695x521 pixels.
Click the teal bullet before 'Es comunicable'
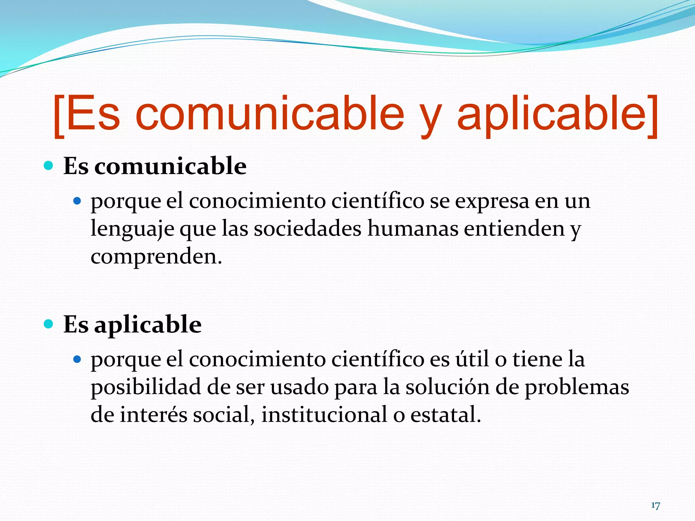pyautogui.click(x=49, y=166)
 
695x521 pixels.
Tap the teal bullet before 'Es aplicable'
pyautogui.click(x=49, y=324)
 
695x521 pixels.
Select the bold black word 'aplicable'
pyautogui.click(x=148, y=325)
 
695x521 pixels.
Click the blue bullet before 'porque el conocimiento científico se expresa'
pyautogui.click(x=77, y=201)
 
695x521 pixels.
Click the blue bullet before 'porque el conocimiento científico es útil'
pyautogui.click(x=77, y=359)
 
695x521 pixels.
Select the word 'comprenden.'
pyautogui.click(x=156, y=257)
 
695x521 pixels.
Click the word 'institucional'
pyautogui.click(x=324, y=414)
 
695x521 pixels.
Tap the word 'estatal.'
pyautogui.click(x=446, y=414)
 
